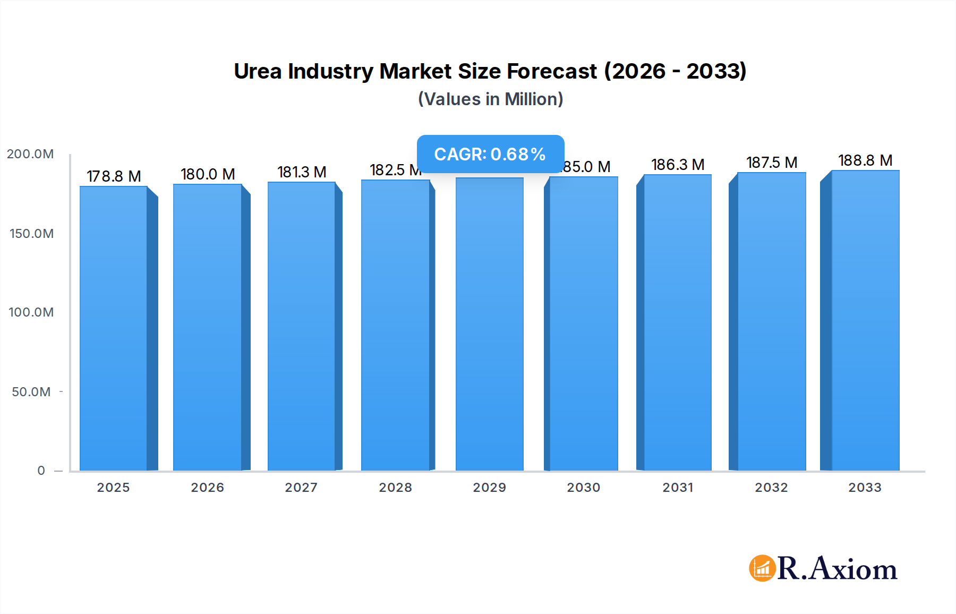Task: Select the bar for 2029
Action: (x=489, y=324)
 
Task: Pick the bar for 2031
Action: (x=677, y=322)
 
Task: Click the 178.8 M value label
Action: (x=114, y=176)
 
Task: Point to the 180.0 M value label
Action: (x=208, y=174)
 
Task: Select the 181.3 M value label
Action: (x=302, y=172)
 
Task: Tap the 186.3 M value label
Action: (x=678, y=165)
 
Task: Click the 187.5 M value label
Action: (x=772, y=163)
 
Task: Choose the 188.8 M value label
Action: (x=865, y=160)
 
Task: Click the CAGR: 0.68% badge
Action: (x=490, y=154)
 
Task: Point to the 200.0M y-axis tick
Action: (x=30, y=154)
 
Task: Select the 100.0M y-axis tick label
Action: (x=31, y=312)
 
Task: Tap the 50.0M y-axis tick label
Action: (x=31, y=392)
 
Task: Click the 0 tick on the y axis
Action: (x=41, y=471)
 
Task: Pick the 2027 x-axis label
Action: (x=301, y=488)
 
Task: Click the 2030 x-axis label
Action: (x=583, y=488)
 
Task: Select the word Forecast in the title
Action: (x=552, y=71)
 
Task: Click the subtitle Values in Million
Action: (x=490, y=99)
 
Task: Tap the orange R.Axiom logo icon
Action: (x=762, y=568)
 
